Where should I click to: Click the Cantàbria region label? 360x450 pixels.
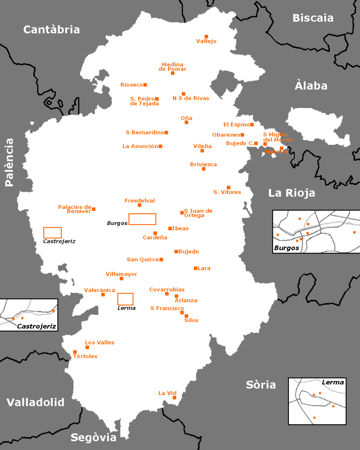click(51, 30)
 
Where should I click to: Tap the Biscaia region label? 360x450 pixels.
click(313, 18)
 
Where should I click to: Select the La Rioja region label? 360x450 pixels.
click(292, 193)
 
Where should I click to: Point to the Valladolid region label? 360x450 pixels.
click(36, 402)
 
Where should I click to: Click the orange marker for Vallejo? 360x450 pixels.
click(207, 36)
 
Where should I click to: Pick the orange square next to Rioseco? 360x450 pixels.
click(145, 85)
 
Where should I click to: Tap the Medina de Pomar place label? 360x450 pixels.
click(172, 67)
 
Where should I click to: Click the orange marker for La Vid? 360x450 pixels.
click(174, 397)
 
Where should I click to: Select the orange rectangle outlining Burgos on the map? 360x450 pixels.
click(142, 219)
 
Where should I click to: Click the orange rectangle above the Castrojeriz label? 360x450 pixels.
click(52, 233)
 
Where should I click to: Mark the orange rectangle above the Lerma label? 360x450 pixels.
click(125, 299)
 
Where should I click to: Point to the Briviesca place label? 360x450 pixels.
click(203, 164)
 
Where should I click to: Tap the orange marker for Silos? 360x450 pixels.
click(186, 316)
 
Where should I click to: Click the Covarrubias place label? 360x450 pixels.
click(166, 289)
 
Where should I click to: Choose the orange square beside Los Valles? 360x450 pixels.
click(87, 347)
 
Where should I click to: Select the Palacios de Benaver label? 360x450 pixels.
click(75, 209)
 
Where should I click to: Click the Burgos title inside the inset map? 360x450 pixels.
click(286, 248)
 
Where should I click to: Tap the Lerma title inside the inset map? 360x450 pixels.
click(333, 382)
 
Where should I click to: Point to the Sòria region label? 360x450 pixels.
click(261, 385)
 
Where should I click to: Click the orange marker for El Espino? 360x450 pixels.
click(252, 125)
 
